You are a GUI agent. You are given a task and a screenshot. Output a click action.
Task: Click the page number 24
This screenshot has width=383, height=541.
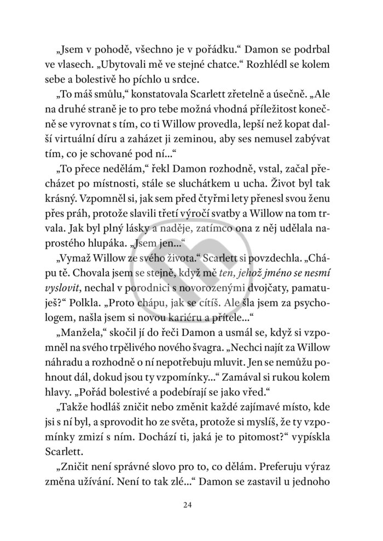click(191, 504)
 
